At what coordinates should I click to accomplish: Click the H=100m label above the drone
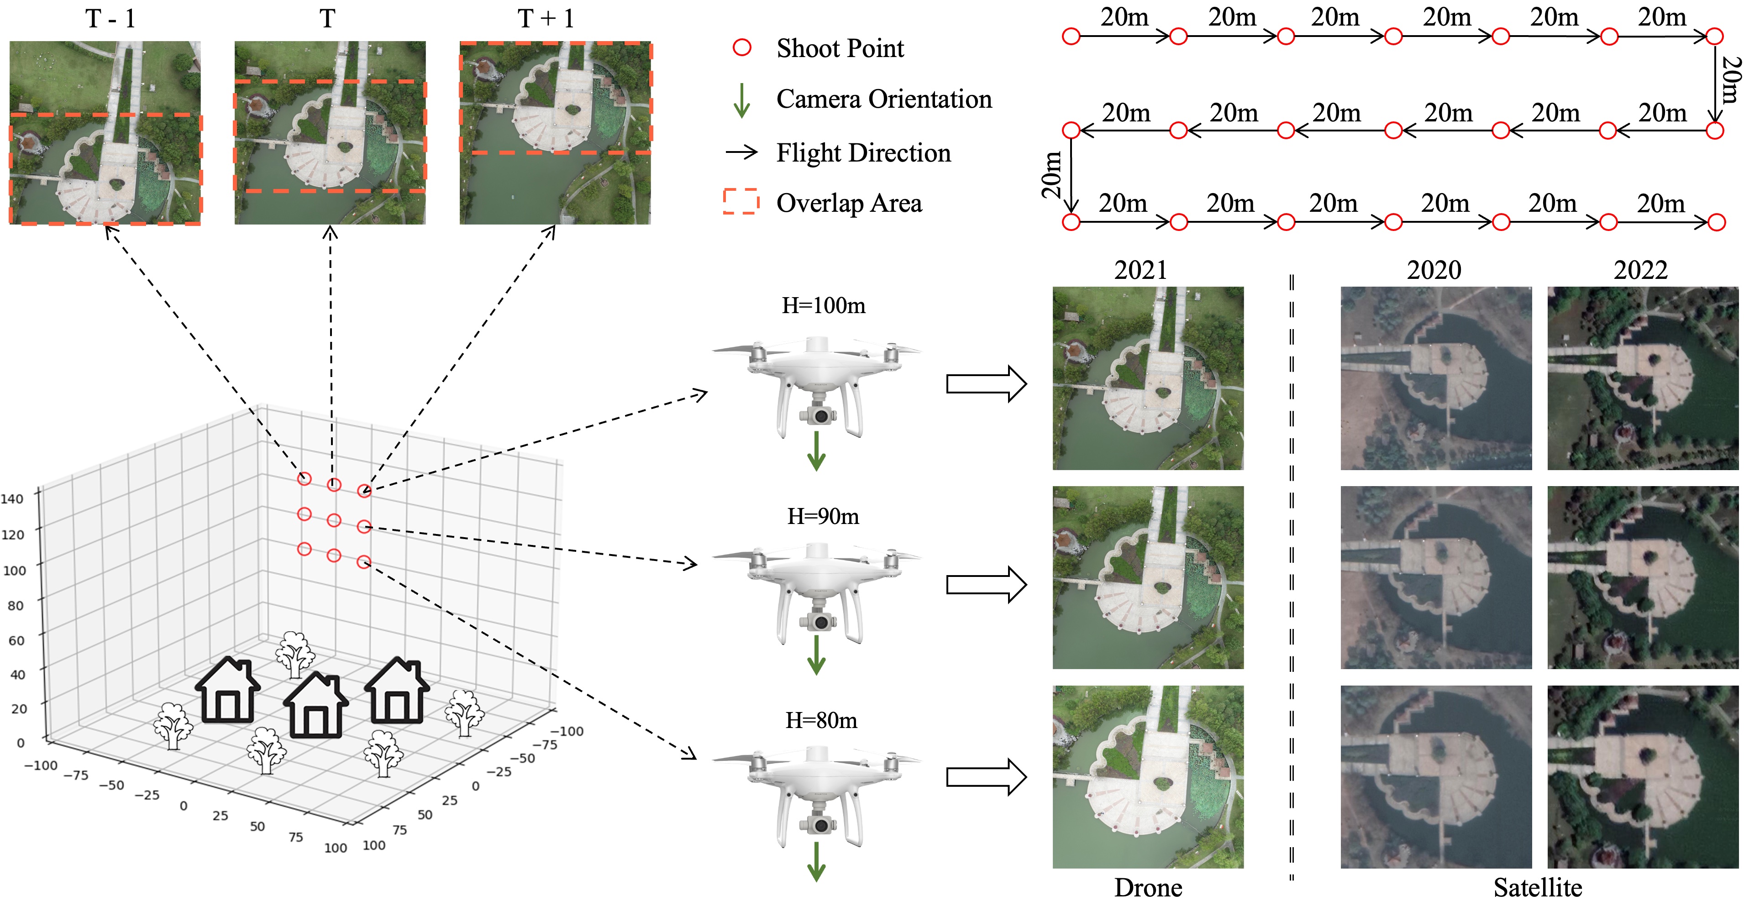tap(823, 306)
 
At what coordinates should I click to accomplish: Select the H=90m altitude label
tap(823, 517)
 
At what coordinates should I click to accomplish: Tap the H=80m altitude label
tap(821, 720)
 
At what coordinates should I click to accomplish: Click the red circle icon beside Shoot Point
tap(742, 47)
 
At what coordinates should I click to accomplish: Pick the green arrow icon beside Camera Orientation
tap(742, 100)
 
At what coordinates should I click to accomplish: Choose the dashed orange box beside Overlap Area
tap(741, 202)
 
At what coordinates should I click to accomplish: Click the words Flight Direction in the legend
tap(863, 153)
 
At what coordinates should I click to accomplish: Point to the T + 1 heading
tap(546, 19)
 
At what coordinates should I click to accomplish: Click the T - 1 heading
tap(110, 19)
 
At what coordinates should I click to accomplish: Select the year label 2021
tap(1141, 270)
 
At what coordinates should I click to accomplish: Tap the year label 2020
tap(1434, 270)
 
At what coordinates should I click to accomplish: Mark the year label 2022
tap(1640, 270)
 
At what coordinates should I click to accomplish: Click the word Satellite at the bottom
tap(1538, 887)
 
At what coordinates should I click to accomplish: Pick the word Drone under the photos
tap(1148, 887)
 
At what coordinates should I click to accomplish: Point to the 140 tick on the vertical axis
tap(12, 499)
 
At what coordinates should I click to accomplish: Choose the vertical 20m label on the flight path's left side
tap(1051, 175)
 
